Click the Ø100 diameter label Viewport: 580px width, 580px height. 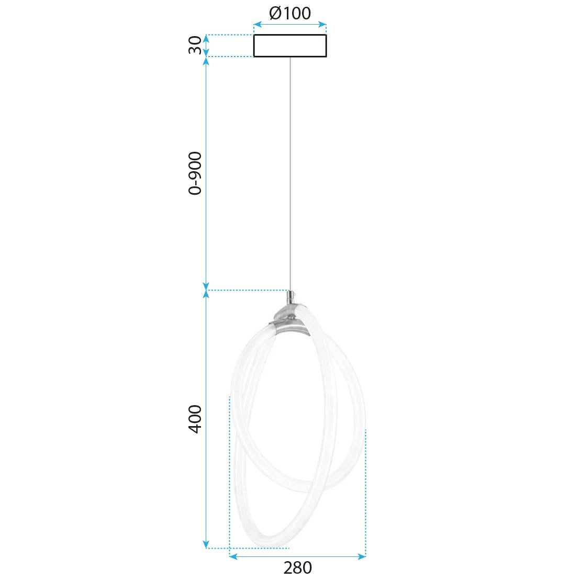point(290,13)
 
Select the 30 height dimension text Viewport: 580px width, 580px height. point(195,45)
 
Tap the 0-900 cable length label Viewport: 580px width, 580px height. point(195,173)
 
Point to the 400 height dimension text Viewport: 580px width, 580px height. point(195,419)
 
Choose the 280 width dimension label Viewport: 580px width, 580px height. point(297,567)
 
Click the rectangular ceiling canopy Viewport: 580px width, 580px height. point(290,46)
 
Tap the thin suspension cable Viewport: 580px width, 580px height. point(290,173)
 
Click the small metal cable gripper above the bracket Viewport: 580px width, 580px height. point(290,298)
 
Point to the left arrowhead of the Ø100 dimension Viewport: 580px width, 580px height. point(257,24)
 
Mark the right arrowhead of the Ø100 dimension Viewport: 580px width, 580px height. point(323,24)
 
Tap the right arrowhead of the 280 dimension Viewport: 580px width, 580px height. point(362,556)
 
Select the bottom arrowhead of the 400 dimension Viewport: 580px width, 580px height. point(206,544)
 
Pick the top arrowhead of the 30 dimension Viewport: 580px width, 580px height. point(206,38)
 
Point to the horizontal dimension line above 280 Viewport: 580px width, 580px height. point(297,556)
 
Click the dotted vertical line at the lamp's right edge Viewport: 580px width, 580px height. point(365,492)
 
